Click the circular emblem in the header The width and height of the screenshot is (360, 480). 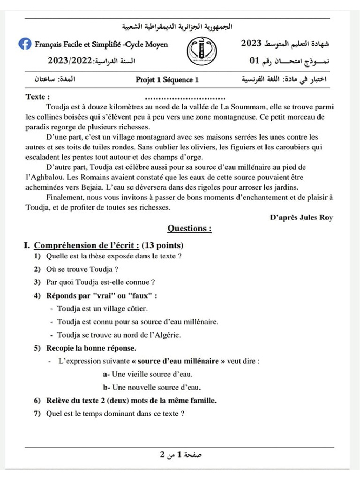point(202,51)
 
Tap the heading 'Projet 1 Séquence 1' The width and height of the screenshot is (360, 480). point(167,80)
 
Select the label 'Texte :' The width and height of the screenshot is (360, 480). point(37,97)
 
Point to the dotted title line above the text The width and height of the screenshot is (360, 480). point(186,98)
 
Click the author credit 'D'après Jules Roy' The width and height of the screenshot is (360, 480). point(301,217)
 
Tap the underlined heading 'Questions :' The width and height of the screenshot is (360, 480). point(189,229)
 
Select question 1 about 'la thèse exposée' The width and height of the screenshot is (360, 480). point(113,256)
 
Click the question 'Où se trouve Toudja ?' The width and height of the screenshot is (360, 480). point(82,269)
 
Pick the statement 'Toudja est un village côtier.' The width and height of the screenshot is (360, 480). point(102,308)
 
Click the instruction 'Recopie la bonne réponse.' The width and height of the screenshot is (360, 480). point(91,348)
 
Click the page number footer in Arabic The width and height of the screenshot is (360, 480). point(180,454)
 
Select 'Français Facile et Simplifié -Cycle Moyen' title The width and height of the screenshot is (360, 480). point(101,45)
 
